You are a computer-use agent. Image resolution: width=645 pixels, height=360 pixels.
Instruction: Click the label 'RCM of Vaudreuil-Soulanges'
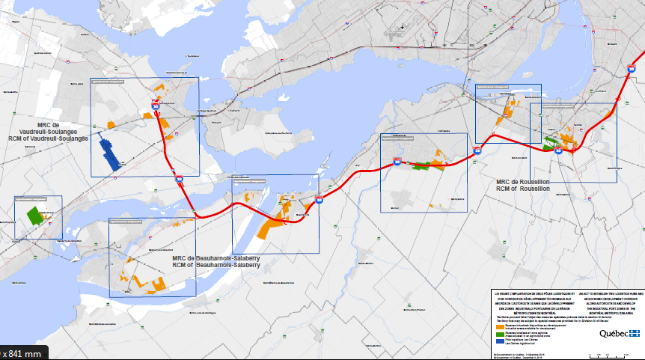pos(49,138)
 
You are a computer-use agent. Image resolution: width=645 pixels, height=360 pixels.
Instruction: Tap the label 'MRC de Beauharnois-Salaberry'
pos(216,257)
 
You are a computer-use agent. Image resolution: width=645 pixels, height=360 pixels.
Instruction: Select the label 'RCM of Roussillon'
pos(523,189)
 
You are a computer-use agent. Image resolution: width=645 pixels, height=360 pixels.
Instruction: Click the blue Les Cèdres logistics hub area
pos(111,153)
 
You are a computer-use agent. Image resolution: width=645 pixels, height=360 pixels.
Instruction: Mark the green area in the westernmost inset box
pos(34,216)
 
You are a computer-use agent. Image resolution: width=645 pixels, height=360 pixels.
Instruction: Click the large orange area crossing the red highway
pos(273,222)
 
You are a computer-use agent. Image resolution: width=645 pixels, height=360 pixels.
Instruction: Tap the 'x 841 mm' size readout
pos(22,353)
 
